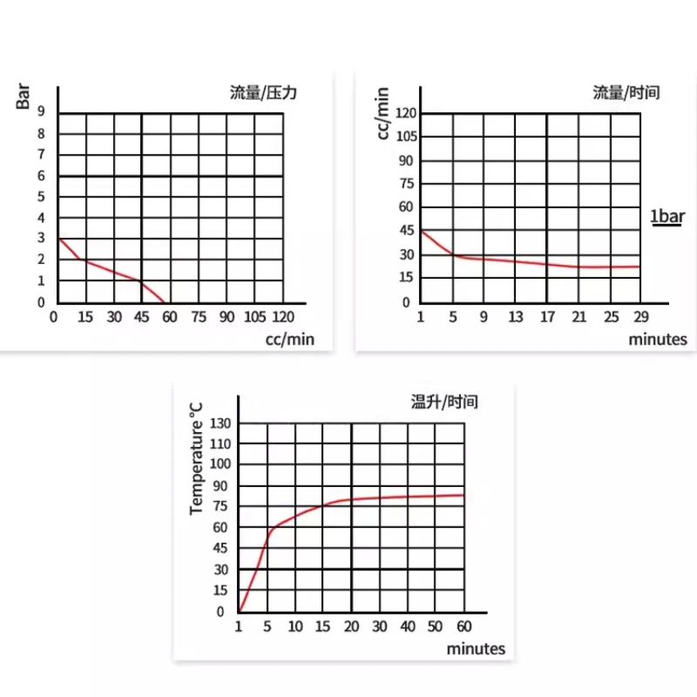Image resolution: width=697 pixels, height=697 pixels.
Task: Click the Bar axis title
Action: pos(24,94)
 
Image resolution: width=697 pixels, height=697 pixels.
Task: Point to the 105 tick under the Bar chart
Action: pos(255,316)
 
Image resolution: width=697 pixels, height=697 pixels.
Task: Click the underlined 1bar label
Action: pos(668,217)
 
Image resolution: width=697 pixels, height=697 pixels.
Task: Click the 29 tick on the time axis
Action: pos(639,316)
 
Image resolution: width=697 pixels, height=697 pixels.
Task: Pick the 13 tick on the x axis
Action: pos(516,316)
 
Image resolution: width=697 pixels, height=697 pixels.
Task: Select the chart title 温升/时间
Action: pos(444,403)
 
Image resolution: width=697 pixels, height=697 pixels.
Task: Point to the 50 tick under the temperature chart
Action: pos(436,626)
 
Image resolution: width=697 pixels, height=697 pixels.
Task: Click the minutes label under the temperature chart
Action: pos(476,649)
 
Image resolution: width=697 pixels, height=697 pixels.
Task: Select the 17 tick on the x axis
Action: pos(547,316)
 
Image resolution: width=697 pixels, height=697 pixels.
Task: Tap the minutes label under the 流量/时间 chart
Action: pos(658,339)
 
